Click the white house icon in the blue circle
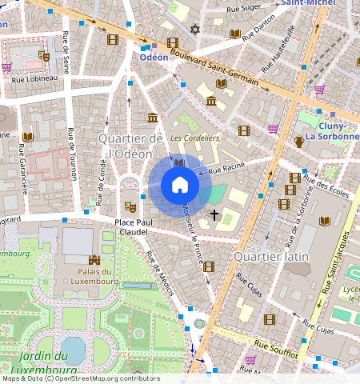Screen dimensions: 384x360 click(180, 186)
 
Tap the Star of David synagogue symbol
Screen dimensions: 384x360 click(194, 29)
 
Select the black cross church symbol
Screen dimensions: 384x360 click(214, 214)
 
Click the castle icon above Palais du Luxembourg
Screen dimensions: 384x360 click(94, 259)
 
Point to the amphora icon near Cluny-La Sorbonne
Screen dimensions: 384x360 click(299, 142)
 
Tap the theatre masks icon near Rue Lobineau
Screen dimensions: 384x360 click(45, 57)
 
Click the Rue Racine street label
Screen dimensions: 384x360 click(225, 170)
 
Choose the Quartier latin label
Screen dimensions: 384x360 click(270, 255)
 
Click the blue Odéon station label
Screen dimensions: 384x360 click(154, 58)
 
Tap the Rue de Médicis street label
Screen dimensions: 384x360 click(160, 274)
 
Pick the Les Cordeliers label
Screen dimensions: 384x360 click(195, 138)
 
